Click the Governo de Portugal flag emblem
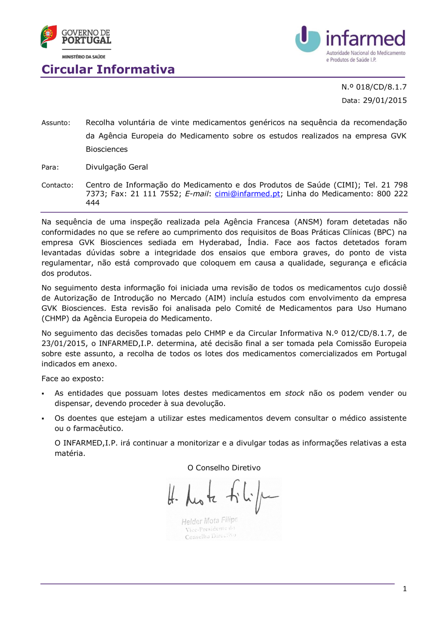coord(48,36)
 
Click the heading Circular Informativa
coord(108,69)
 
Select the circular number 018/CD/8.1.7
coord(381,87)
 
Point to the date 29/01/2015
coord(385,100)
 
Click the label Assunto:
coord(56,123)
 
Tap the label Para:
coord(50,167)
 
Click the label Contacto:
coord(58,185)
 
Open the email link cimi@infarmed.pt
coord(247,194)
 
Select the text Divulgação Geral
coord(117,167)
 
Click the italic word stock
coord(294,393)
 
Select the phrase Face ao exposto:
coord(73,379)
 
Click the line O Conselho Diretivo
coord(224,468)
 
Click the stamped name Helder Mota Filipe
coord(210,521)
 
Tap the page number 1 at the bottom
coord(405,589)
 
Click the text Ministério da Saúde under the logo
coord(84,57)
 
